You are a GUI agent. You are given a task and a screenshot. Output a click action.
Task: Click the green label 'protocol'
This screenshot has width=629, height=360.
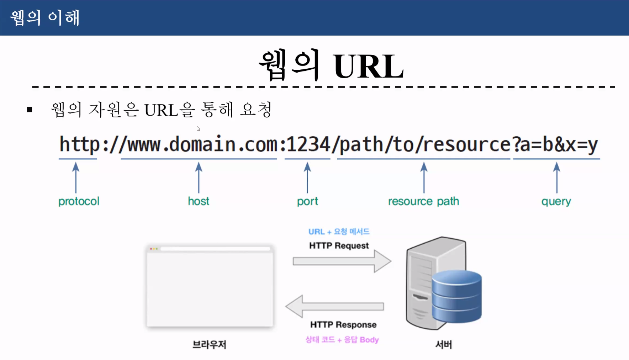pos(79,201)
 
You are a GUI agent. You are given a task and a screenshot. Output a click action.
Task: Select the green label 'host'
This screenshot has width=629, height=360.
pos(199,201)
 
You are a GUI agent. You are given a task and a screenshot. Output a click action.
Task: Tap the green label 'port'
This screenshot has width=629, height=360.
pos(307,201)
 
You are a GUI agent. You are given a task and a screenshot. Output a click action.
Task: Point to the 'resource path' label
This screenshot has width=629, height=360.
pos(423,201)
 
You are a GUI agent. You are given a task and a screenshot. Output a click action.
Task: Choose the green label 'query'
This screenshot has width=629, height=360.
pos(556,202)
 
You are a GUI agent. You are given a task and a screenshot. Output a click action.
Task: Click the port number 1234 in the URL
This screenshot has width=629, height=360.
pos(308,145)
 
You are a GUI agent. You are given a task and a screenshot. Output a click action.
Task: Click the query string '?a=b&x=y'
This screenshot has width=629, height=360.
pos(555,145)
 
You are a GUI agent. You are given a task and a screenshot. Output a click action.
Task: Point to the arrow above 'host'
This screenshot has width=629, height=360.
pos(199,178)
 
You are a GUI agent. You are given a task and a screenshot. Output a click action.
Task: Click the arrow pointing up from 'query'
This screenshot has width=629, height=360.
pos(557,178)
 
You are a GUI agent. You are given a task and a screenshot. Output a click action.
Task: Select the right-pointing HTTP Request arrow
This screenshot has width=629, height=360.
pos(342,261)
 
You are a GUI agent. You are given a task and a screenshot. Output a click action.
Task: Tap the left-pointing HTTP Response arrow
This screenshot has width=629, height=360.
pos(335,306)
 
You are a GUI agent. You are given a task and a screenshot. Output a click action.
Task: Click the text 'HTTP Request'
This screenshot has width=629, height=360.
pos(339,245)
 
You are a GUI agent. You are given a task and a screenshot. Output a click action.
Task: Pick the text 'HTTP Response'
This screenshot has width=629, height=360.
pos(343,324)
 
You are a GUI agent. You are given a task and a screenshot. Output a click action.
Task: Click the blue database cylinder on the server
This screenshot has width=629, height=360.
pos(457,296)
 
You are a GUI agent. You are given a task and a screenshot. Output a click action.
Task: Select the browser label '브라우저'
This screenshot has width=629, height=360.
pos(209,344)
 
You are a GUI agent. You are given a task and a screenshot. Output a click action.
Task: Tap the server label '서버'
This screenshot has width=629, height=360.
pos(444,344)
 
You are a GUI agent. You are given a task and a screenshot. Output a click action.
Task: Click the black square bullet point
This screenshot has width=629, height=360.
pos(30,110)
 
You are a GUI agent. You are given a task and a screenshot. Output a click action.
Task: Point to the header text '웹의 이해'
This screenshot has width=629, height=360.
pos(45,17)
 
